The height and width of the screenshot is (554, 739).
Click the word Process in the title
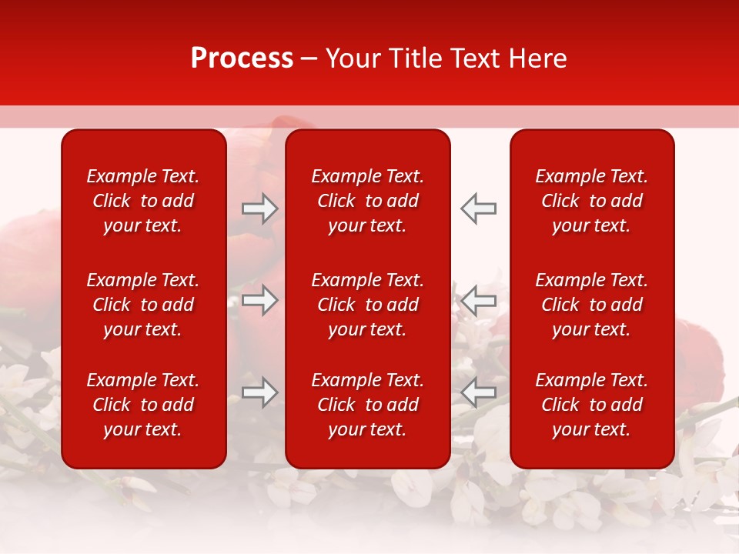coord(242,58)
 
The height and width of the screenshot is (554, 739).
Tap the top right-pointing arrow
coord(259,209)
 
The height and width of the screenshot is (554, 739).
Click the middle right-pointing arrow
coord(259,299)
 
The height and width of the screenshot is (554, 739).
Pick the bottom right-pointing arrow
coord(259,392)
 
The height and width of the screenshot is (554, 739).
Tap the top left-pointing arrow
coord(479,209)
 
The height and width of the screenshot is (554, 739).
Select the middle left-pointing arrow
coord(479,299)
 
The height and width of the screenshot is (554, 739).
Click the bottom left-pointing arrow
coord(479,392)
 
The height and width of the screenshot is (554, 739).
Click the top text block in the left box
coord(143,201)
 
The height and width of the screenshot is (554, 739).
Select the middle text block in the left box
coord(143,305)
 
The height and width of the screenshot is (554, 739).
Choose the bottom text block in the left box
coord(143,405)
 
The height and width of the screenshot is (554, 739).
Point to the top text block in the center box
coord(368,201)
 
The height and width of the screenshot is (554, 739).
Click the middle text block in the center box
coord(368,305)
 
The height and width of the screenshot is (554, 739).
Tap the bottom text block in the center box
coord(368,405)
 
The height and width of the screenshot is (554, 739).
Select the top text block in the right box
coord(592,201)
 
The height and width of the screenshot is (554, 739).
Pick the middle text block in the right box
coord(592,305)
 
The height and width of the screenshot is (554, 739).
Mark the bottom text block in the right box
coord(592,405)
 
